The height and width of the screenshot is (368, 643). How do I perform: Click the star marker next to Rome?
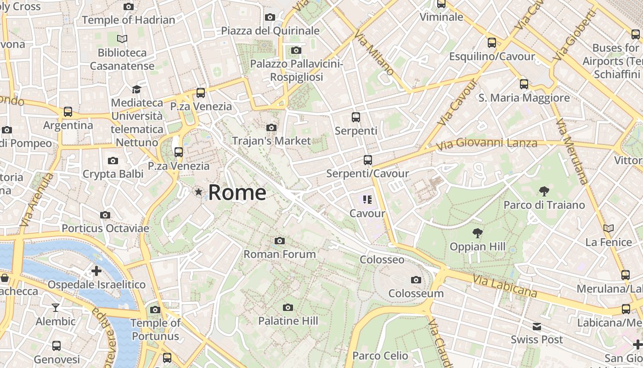[x=198, y=192]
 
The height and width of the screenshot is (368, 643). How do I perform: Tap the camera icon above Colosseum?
[x=416, y=280]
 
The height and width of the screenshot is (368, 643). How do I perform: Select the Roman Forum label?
[x=279, y=254]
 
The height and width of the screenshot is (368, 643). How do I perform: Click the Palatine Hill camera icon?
[x=288, y=307]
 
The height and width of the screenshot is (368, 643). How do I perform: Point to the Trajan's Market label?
[x=271, y=140]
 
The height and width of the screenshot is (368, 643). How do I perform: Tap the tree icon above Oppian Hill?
[x=478, y=233]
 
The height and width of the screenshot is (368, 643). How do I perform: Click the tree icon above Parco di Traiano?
[x=544, y=191]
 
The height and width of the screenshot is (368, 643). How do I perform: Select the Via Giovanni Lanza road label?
[x=487, y=144]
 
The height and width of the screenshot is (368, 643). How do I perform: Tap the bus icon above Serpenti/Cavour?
[x=367, y=160]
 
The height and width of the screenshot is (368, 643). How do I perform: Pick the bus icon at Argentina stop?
[x=68, y=111]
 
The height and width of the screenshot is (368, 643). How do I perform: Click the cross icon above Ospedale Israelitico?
[x=96, y=271]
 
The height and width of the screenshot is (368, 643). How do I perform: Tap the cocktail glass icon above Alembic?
[x=56, y=307]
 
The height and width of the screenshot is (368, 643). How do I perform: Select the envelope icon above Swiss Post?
[x=536, y=327]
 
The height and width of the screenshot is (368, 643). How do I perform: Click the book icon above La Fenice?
[x=609, y=228]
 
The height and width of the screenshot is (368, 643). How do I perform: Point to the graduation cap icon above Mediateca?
[x=136, y=89]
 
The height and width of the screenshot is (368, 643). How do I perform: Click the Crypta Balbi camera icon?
[x=113, y=161]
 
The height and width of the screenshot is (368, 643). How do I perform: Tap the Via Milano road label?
[x=374, y=53]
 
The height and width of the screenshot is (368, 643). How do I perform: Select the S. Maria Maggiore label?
[x=524, y=98]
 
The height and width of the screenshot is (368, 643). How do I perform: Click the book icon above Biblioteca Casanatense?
[x=122, y=39]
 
